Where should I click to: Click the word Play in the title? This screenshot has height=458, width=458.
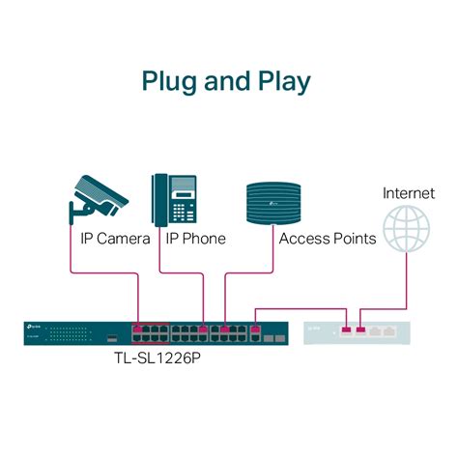click(282, 80)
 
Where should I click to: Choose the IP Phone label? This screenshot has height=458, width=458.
click(195, 239)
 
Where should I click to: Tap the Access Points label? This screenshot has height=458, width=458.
click(327, 239)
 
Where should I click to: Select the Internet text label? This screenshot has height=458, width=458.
click(409, 193)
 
